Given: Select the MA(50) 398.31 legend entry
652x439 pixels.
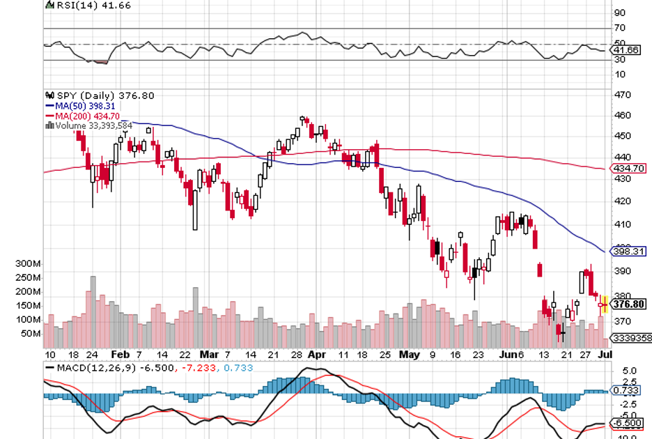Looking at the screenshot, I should [x=81, y=105].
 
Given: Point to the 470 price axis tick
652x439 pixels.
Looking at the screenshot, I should [x=622, y=95].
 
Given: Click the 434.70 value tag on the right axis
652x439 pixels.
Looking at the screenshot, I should [x=628, y=168].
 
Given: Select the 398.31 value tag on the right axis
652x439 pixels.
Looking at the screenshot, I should [x=628, y=251].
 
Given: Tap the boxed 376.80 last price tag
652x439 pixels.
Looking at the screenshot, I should [x=628, y=304].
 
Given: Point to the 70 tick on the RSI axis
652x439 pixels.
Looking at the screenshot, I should [x=619, y=28].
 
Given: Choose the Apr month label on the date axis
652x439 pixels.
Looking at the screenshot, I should [x=317, y=354].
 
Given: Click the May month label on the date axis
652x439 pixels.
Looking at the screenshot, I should [x=409, y=354].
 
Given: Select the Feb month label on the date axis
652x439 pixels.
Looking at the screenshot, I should [x=121, y=354].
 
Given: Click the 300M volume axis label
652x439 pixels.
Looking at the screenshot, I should [x=29, y=264].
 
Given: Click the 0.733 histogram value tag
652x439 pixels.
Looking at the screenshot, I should [x=628, y=391].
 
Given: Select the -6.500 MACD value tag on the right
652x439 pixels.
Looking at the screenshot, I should [x=628, y=423].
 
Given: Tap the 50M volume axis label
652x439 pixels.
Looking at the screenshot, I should [x=31, y=334].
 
